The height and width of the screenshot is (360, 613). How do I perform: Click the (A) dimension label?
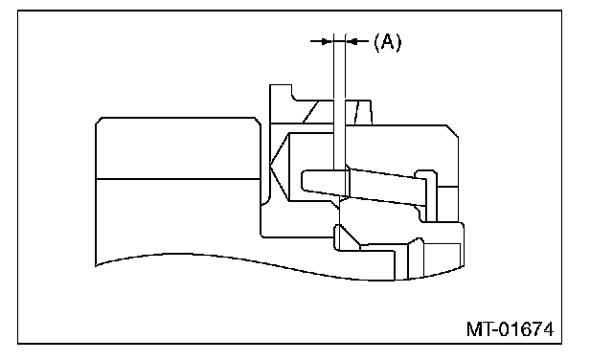pos(387,42)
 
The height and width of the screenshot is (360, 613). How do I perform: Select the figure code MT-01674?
pos(511,329)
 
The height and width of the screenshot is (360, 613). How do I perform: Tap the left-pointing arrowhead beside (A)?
pos(352,41)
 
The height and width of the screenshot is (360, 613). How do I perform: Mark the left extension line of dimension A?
pos(334,101)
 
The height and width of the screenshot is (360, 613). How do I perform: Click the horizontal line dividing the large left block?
pos(178,179)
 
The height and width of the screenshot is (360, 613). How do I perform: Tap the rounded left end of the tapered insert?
pos(305,180)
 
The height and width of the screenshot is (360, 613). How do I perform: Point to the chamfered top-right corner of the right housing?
pos(453,131)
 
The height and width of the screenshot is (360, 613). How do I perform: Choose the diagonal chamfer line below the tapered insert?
pos(350,236)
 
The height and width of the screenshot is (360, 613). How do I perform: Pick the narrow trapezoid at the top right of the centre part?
pos(363,113)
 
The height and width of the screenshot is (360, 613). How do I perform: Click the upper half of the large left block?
pos(178,148)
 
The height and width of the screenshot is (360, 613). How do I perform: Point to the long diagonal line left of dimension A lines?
pos(310,112)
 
